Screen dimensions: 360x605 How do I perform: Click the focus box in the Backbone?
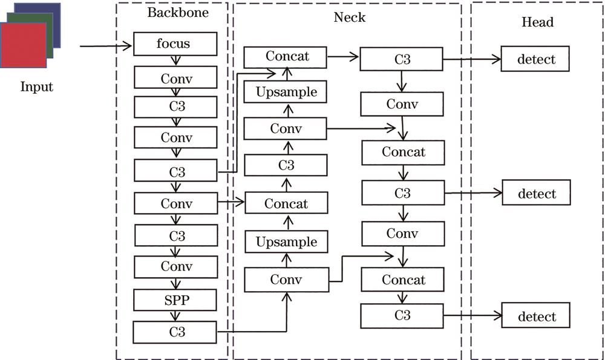pyautogui.click(x=175, y=44)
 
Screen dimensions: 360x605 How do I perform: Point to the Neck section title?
pyautogui.click(x=350, y=17)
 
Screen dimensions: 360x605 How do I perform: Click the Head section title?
pyautogui.click(x=537, y=22)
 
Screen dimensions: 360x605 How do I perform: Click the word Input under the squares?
pyautogui.click(x=37, y=87)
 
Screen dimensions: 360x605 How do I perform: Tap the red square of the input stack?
pyautogui.click(x=23, y=45)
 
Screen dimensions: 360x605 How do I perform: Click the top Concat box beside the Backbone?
pyautogui.click(x=286, y=57)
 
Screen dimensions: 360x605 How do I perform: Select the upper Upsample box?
pyautogui.click(x=286, y=93)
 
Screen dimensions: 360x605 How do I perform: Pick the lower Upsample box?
pyautogui.click(x=286, y=242)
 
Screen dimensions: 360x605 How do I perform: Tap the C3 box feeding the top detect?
pyautogui.click(x=402, y=61)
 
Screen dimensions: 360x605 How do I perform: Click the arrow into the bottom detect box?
pyautogui.click(x=472, y=316)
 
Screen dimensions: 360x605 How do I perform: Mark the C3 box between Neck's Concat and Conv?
pyautogui.click(x=286, y=165)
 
